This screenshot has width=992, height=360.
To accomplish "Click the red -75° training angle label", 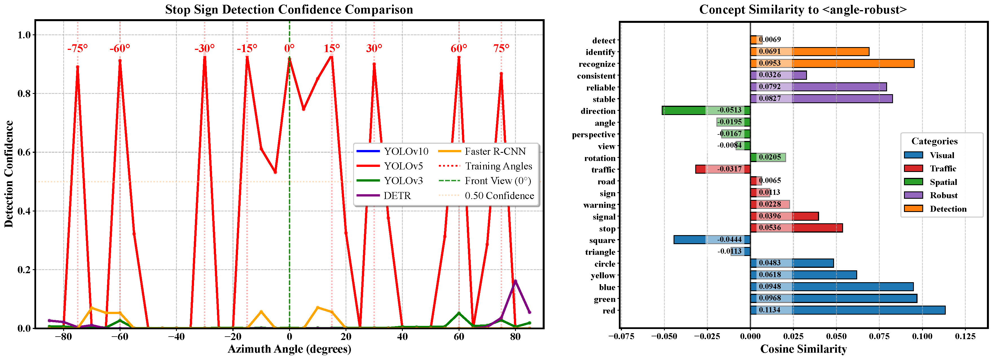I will pyautogui.click(x=77, y=48).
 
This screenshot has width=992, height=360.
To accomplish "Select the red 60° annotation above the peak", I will pyautogui.click(x=459, y=48).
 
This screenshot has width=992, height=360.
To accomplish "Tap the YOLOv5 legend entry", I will pyautogui.click(x=403, y=166).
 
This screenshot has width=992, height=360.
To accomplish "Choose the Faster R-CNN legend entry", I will pyautogui.click(x=495, y=151).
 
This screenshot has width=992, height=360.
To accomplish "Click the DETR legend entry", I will pyautogui.click(x=397, y=196).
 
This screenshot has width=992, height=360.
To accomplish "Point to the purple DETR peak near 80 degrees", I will pyautogui.click(x=515, y=281).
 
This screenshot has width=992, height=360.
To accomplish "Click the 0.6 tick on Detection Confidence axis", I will pyautogui.click(x=24, y=152).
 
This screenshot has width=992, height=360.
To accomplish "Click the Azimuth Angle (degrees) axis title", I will pyautogui.click(x=289, y=349).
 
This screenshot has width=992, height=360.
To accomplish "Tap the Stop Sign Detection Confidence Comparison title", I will pyautogui.click(x=289, y=9).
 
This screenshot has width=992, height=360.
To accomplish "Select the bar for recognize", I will pyautogui.click(x=832, y=63).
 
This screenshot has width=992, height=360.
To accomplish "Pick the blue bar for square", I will pyautogui.click(x=712, y=240).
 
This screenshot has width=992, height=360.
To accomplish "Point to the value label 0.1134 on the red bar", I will pyautogui.click(x=769, y=310).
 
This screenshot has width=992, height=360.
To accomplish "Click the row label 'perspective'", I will pyautogui.click(x=593, y=134).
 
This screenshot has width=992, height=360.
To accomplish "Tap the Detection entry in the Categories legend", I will pyautogui.click(x=948, y=209).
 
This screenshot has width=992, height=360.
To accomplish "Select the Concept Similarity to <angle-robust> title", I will pyautogui.click(x=803, y=9).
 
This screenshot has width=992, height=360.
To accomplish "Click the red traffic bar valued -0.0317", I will pyautogui.click(x=722, y=169).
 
